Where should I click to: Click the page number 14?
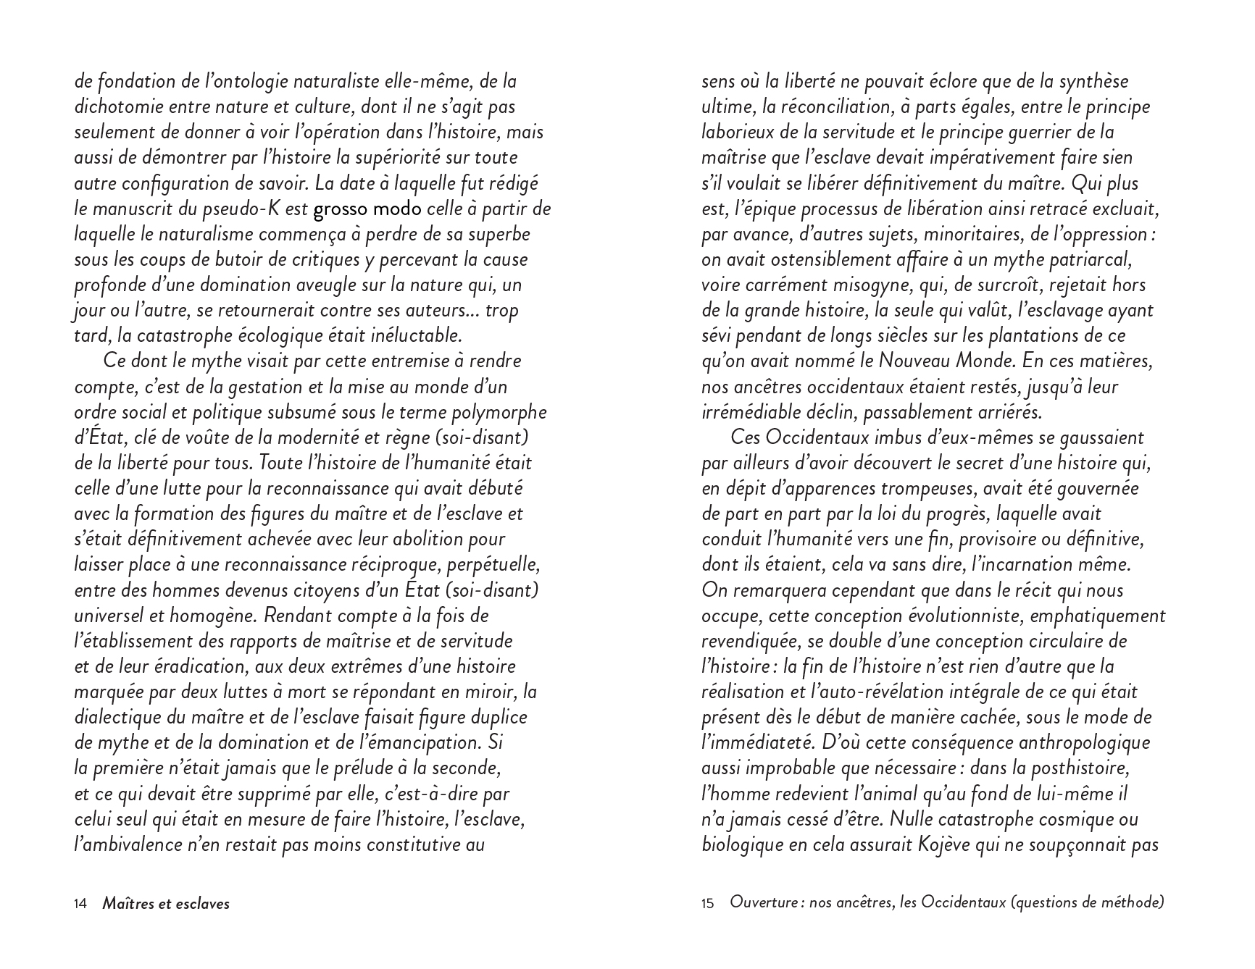[x=80, y=904]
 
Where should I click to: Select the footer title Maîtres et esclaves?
[x=166, y=904]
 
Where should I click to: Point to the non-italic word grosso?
[x=340, y=209]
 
